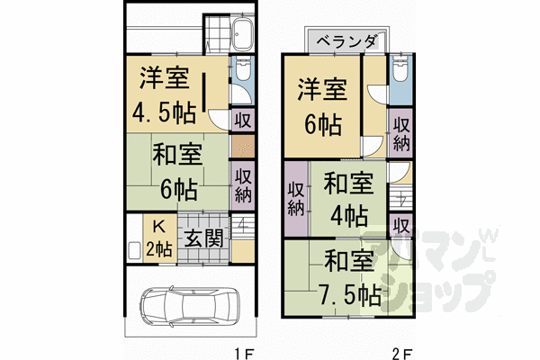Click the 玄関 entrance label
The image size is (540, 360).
click(x=203, y=238)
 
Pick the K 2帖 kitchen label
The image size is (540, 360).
click(x=158, y=238)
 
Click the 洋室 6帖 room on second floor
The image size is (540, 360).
click(x=322, y=107)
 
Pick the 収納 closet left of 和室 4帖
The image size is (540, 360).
click(x=295, y=193)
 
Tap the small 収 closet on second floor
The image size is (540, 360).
click(x=401, y=225)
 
